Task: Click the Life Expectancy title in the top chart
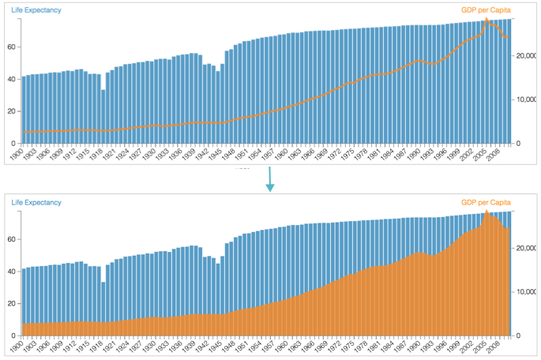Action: click(36, 10)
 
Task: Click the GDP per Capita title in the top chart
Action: click(487, 10)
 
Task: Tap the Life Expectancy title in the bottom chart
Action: click(36, 203)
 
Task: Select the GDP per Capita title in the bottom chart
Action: click(487, 203)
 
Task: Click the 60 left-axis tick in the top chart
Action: click(12, 47)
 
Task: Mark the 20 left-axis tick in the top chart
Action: click(12, 111)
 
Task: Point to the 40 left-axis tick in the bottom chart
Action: click(12, 272)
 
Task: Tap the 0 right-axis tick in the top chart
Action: click(520, 144)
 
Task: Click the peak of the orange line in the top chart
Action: click(487, 19)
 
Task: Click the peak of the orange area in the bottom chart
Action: click(487, 212)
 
